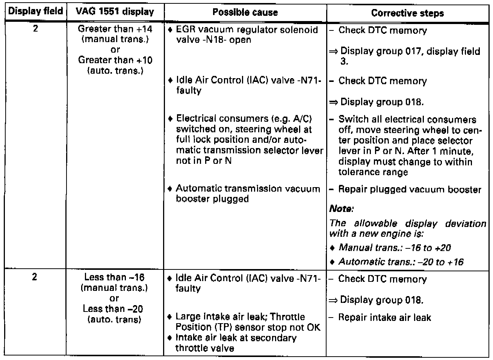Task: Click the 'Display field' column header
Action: click(x=35, y=11)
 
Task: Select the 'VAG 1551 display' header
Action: click(x=115, y=12)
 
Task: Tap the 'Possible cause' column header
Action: click(x=245, y=12)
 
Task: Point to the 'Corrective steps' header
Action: click(x=407, y=14)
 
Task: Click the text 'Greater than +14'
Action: click(x=115, y=29)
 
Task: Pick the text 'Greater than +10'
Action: click(x=115, y=60)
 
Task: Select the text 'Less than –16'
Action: click(x=114, y=277)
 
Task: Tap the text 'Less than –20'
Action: click(x=113, y=309)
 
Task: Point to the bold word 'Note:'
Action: click(x=341, y=209)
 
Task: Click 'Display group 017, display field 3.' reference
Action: click(x=410, y=56)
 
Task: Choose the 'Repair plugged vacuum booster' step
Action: click(x=410, y=189)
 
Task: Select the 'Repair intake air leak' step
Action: click(x=384, y=318)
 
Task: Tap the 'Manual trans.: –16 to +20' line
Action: click(x=395, y=248)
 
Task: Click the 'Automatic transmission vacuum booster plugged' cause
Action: click(x=248, y=194)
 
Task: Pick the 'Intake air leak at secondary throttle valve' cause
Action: click(x=236, y=343)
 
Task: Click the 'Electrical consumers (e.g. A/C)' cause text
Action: click(x=244, y=119)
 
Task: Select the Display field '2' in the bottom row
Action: click(x=35, y=277)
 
